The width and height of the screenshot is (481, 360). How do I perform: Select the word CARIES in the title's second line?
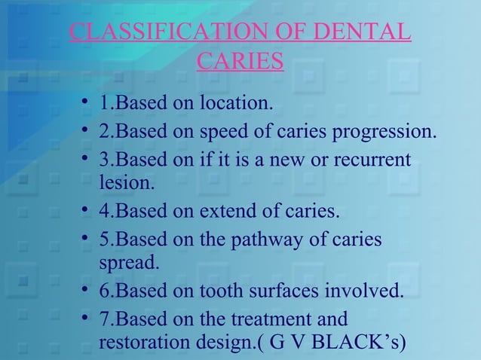click(240, 61)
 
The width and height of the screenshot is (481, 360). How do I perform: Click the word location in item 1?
click(234, 102)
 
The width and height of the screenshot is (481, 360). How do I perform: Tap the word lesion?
click(125, 182)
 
